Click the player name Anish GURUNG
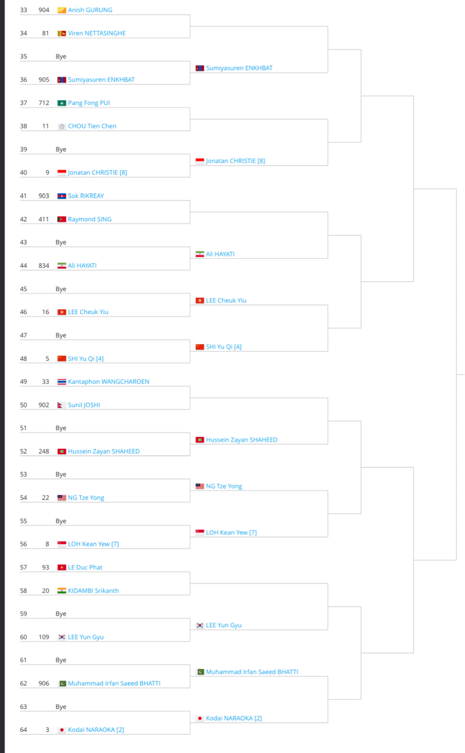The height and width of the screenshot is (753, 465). pos(90,10)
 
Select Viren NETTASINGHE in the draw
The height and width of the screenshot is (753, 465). pos(97,34)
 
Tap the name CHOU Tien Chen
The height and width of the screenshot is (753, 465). pos(92,126)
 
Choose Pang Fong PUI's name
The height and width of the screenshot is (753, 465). pos(89,103)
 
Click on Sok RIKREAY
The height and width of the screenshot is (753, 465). pos(86,196)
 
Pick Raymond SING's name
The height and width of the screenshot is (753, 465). pos(89,219)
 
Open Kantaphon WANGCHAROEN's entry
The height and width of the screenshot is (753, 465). pos(108,382)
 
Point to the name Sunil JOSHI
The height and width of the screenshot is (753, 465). pos(84,405)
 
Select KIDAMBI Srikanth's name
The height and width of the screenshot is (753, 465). pos(93,591)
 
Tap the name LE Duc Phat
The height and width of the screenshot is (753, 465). pos(85,568)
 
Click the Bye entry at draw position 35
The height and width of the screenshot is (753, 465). pos(61,56)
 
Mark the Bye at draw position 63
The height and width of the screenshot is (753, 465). pos(61,707)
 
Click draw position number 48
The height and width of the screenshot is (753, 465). pos(24,358)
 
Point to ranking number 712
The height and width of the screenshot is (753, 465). pos(44,103)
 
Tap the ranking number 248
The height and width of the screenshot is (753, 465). pos(44,451)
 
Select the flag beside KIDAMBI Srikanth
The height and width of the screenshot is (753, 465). pos(62,591)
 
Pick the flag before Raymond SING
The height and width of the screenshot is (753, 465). pos(62,219)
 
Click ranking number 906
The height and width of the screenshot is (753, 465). pos(44,684)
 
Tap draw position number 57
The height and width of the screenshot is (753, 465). pos(24,568)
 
